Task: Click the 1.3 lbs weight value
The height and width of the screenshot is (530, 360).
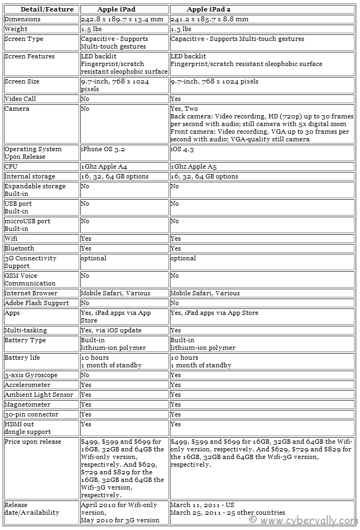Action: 181,29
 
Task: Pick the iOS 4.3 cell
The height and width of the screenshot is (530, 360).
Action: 182,149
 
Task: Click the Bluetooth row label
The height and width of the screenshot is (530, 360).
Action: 20,248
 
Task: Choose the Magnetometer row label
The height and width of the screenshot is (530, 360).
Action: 27,404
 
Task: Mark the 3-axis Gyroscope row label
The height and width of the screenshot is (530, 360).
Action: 30,375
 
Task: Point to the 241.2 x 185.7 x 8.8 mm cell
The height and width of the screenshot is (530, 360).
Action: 210,19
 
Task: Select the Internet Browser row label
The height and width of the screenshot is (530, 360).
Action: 31,293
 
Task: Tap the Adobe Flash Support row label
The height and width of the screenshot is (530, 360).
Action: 37,303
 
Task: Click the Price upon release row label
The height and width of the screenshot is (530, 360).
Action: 33,442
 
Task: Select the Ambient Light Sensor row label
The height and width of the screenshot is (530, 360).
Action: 39,395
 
